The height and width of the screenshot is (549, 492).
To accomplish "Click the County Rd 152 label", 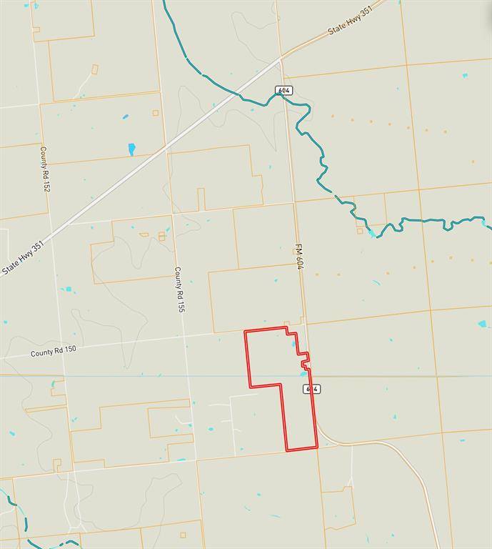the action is (x=45, y=168).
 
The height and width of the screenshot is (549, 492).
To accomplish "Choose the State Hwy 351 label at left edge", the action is (x=23, y=258).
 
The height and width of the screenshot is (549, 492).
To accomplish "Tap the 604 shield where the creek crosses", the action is (x=285, y=89).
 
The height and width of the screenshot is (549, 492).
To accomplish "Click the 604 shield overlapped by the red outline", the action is (x=310, y=389).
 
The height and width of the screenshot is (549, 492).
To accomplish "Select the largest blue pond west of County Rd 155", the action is (x=131, y=149).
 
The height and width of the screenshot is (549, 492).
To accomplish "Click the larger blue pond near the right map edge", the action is (x=483, y=324).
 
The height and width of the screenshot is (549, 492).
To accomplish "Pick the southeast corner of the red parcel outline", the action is (x=316, y=448).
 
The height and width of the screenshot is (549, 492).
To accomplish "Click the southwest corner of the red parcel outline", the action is (x=287, y=450).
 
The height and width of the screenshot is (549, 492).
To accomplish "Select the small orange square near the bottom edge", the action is (x=183, y=535).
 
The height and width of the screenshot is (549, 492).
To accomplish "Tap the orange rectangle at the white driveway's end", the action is (x=95, y=69).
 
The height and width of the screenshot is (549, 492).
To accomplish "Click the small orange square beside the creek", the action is (x=360, y=231).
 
